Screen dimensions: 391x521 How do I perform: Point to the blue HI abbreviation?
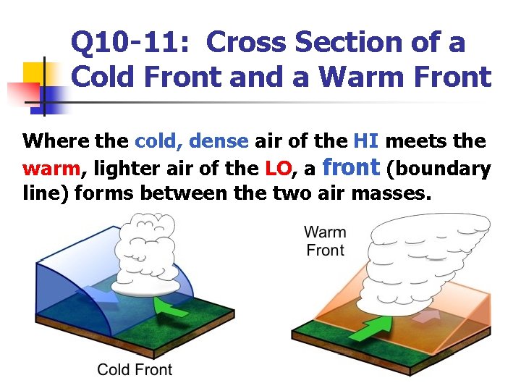pos(363,142)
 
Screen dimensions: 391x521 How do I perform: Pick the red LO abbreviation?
pos(279,169)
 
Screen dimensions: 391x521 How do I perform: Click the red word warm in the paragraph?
pos(51,169)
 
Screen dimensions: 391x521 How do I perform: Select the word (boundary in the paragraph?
pos(439,169)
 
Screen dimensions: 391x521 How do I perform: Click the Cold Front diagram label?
pos(135,369)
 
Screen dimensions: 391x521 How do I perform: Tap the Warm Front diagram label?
pos(325,241)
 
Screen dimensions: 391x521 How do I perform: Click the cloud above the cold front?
pos(151,250)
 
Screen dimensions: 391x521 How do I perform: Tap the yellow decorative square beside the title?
pos(35,75)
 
